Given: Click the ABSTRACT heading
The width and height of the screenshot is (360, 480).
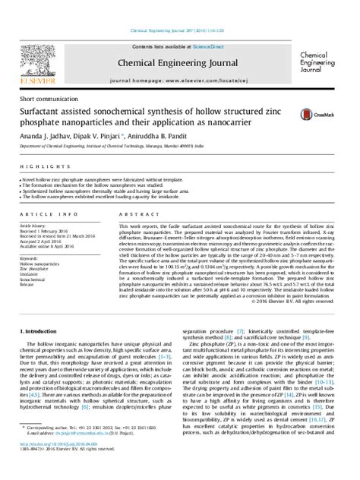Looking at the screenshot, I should click(x=128, y=215).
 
